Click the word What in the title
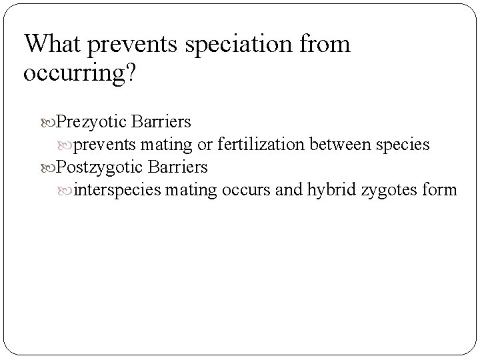click(x=54, y=45)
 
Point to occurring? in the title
click(x=80, y=73)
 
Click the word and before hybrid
click(x=289, y=190)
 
